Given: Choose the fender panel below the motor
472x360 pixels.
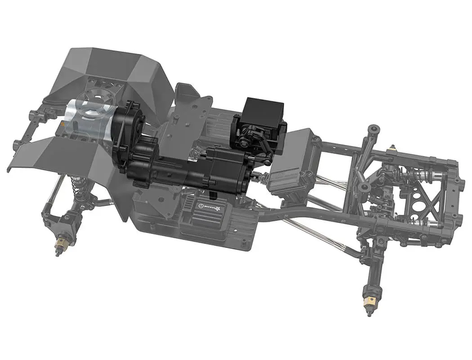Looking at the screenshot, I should (x=67, y=153).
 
